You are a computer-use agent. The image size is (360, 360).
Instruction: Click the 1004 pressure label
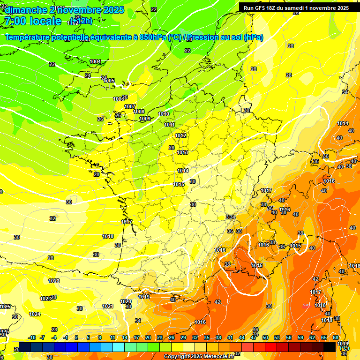tap(95, 61)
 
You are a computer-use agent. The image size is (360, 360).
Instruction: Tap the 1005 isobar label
tap(109, 81)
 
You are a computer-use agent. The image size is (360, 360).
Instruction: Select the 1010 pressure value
tap(164, 114)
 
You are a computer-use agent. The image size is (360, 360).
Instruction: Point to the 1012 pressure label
tap(180, 135)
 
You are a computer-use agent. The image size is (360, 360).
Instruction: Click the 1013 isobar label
tap(182, 152)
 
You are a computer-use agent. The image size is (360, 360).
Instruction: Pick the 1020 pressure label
tap(125, 301)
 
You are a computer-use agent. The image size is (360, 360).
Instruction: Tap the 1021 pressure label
tap(108, 306)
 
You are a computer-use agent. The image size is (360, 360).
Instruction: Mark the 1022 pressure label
tap(54, 281)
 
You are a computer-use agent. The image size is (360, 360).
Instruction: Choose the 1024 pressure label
tap(35, 314)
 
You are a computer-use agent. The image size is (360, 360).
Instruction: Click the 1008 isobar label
tap(139, 112)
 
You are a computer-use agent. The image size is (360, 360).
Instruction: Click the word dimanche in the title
tap(26, 10)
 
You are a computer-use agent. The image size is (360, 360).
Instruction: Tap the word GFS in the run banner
tap(259, 8)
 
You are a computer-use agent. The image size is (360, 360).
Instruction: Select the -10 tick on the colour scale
tap(32, 337)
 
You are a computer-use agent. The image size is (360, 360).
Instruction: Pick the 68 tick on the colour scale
tap(336, 337)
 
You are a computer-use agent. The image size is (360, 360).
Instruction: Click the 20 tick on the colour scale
tap(148, 337)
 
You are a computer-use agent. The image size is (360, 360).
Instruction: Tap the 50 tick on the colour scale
tap(265, 337)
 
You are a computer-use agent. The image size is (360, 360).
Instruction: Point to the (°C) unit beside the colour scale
tap(345, 348)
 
